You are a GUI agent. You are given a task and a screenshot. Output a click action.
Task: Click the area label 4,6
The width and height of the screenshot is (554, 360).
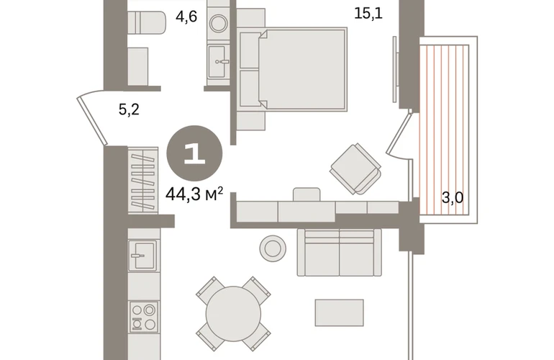186,17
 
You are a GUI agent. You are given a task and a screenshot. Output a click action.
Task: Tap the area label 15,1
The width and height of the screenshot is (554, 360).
368,14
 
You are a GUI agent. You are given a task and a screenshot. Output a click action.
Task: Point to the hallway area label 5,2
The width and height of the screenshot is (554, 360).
129,109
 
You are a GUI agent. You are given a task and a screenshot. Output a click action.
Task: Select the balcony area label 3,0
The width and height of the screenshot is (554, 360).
453,198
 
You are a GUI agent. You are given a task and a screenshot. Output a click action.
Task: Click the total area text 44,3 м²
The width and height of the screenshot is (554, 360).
194,194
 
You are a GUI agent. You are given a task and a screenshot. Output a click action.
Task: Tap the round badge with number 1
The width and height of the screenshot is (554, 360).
194,153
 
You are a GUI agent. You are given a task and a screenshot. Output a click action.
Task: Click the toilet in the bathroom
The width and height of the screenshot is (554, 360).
146,23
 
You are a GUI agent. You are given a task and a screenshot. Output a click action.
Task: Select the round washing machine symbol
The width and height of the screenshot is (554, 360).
218,23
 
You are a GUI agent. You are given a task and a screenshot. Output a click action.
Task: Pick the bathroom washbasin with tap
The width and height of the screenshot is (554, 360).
217,61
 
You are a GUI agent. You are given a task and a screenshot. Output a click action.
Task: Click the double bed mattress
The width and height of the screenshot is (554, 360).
302,69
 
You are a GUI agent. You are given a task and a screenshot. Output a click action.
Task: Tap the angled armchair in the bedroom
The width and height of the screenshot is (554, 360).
355,169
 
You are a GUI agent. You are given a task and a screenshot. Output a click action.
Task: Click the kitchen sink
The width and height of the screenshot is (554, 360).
142,255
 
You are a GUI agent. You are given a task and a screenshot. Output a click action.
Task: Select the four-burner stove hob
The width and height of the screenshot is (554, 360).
143,317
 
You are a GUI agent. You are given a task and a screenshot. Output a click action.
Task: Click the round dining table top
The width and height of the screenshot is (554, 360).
233,314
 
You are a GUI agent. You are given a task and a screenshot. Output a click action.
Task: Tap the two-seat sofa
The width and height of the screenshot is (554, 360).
339,252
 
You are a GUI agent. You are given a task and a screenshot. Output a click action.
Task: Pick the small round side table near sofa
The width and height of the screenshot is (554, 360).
273,248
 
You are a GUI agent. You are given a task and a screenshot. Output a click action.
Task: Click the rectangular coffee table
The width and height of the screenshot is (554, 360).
339,312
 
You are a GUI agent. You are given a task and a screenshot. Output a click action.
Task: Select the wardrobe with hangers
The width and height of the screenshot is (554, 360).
142,180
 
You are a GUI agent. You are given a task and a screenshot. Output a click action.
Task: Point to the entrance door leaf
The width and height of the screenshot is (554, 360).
92,121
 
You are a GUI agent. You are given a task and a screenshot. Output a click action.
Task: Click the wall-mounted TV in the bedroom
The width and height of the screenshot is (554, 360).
396,69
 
